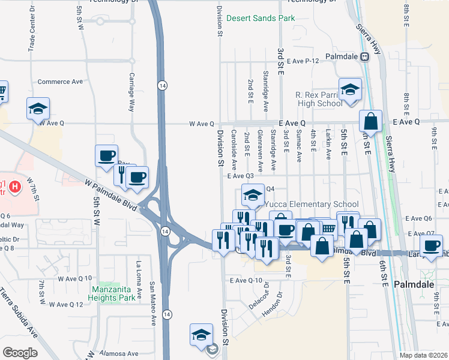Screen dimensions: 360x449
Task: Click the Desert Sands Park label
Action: [261, 19]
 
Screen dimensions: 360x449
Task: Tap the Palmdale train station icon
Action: [364, 56]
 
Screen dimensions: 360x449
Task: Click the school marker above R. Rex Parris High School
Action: [350, 90]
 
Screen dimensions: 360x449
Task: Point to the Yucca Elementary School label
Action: [312, 204]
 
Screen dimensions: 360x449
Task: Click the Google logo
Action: [20, 352]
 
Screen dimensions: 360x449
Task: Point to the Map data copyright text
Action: [423, 355]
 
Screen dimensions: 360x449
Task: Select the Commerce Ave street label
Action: [60, 82]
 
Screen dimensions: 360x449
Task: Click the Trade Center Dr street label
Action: [31, 31]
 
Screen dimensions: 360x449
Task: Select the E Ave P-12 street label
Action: [304, 61]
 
